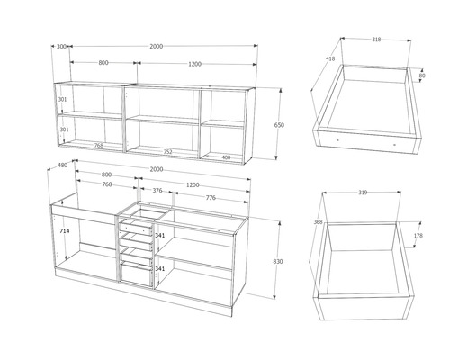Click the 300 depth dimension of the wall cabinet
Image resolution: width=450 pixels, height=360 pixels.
pyautogui.click(x=61, y=45)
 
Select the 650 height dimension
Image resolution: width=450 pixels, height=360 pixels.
pyautogui.click(x=279, y=126)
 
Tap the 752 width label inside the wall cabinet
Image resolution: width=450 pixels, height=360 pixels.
pyautogui.click(x=167, y=152)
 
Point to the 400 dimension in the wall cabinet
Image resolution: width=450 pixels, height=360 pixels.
pyautogui.click(x=225, y=157)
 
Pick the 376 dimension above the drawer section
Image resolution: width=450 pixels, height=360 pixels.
pyautogui.click(x=158, y=191)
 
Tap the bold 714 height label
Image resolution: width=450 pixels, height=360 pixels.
pyautogui.click(x=64, y=231)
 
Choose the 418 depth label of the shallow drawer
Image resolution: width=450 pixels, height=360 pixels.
pyautogui.click(x=329, y=59)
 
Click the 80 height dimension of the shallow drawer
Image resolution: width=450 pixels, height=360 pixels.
pyautogui.click(x=423, y=76)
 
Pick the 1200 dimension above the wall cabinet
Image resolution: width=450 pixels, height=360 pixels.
pyautogui.click(x=195, y=63)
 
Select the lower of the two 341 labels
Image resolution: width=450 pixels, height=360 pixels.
pyautogui.click(x=159, y=268)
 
